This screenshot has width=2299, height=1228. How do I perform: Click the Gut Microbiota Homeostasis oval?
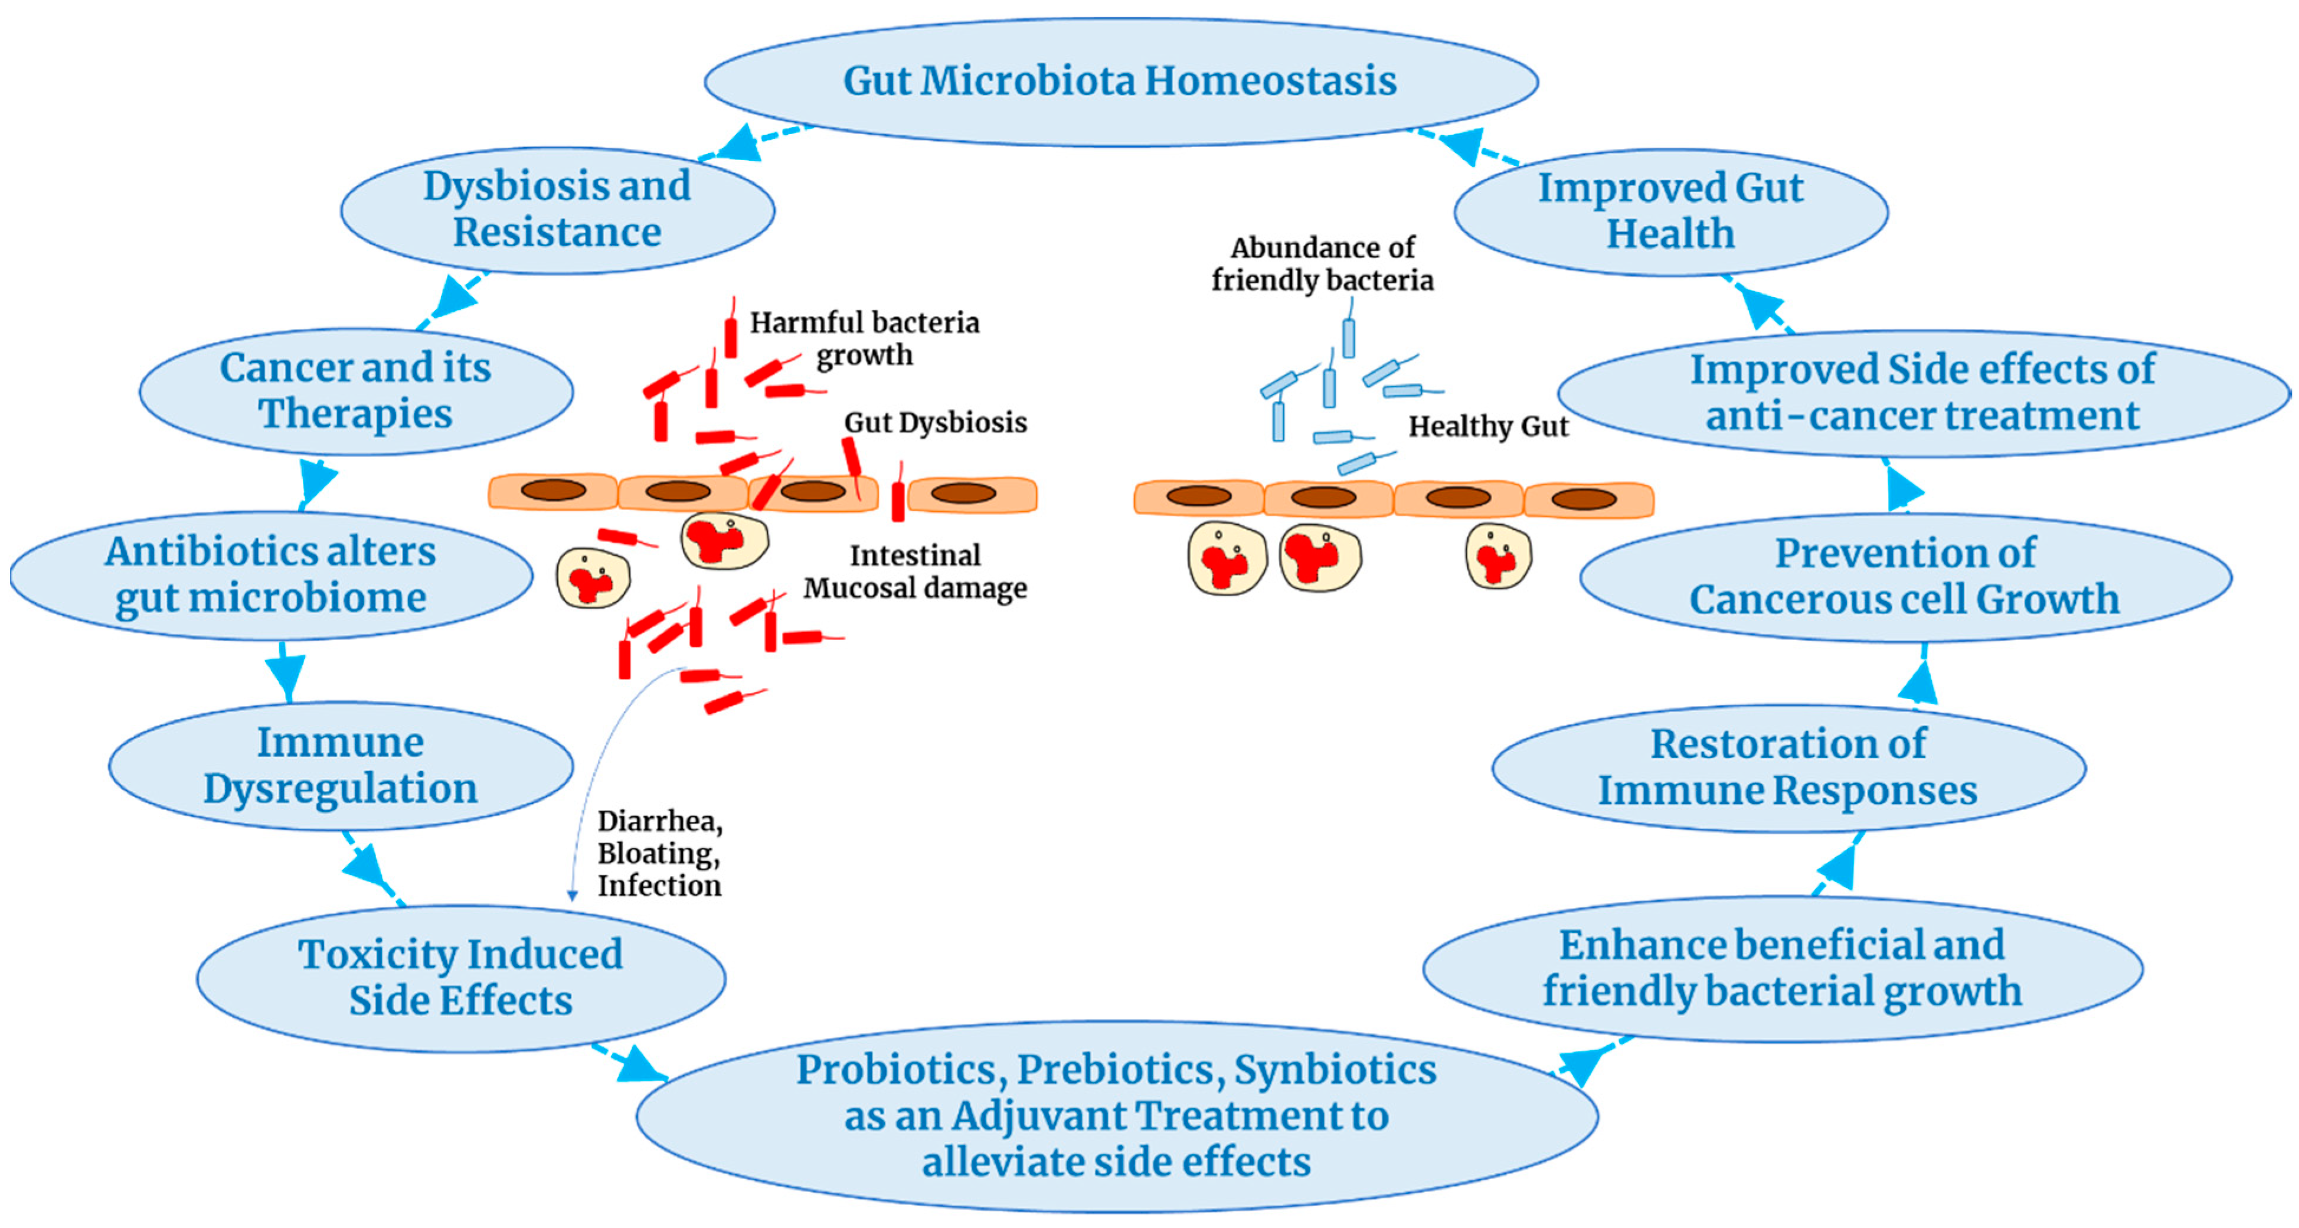click(1120, 80)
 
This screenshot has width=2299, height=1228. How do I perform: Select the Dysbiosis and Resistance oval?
click(557, 209)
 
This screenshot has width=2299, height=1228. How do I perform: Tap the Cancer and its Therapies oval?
click(355, 390)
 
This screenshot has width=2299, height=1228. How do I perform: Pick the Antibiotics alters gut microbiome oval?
click(270, 574)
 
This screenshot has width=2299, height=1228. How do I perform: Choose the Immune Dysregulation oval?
click(340, 765)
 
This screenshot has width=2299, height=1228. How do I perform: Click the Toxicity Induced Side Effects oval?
click(460, 976)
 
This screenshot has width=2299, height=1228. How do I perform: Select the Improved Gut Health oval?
click(1670, 211)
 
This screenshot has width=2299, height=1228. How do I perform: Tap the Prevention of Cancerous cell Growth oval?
click(1905, 576)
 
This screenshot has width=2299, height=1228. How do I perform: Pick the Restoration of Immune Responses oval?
click(1788, 766)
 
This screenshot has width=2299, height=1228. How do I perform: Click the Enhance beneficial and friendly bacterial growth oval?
click(1783, 968)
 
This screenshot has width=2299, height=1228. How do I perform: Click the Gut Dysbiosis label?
click(936, 422)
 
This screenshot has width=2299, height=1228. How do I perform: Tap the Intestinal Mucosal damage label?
click(915, 571)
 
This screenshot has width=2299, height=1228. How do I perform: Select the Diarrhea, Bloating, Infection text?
click(659, 853)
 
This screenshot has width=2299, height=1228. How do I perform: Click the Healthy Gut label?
click(1488, 427)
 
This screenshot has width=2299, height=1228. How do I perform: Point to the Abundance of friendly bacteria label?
click(1322, 263)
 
